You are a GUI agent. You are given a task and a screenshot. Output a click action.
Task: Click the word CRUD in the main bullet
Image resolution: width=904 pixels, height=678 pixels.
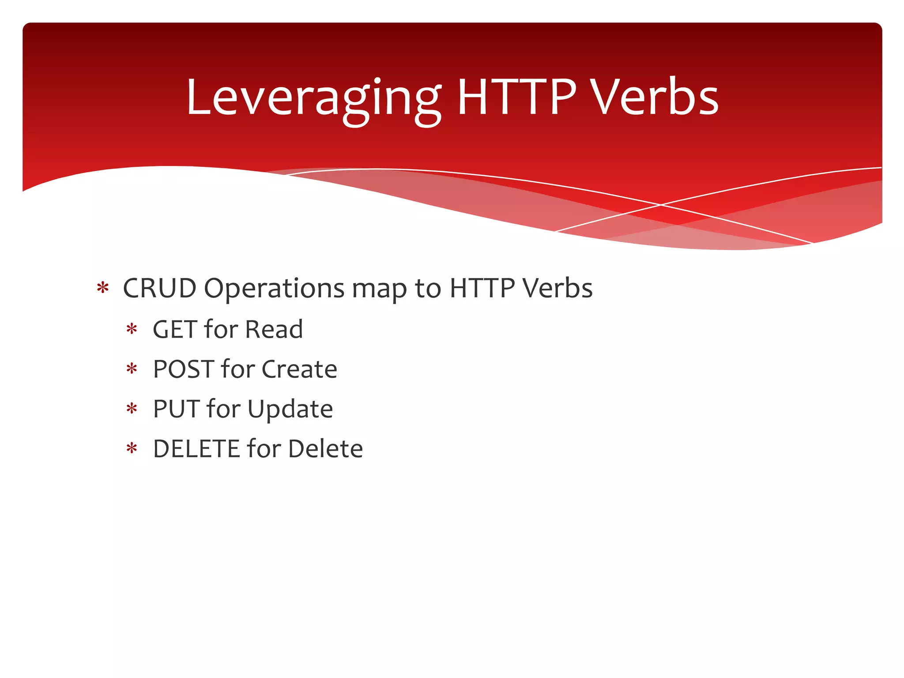159,288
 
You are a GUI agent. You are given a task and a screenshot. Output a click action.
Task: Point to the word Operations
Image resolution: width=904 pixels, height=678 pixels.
274,289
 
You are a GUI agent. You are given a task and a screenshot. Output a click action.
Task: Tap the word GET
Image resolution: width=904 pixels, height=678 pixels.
175,329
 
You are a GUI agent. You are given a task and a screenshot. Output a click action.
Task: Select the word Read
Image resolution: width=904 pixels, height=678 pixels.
274,329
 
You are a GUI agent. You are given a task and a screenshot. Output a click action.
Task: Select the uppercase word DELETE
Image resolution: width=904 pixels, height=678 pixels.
196,448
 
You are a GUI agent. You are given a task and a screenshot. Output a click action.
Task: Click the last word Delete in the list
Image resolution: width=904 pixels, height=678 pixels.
325,448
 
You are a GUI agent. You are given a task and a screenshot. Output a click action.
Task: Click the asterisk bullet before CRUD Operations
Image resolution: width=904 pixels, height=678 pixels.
102,288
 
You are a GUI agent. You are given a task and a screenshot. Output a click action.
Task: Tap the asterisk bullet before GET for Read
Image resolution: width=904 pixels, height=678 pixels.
132,329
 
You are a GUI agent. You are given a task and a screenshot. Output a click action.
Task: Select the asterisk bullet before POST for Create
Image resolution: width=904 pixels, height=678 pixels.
132,369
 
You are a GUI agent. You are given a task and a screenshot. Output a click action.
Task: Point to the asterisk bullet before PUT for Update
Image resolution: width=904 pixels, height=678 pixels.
132,409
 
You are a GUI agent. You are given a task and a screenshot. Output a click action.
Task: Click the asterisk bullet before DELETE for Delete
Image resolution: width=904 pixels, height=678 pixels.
132,449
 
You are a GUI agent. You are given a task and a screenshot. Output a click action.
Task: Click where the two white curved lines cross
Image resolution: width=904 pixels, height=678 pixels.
661,205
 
